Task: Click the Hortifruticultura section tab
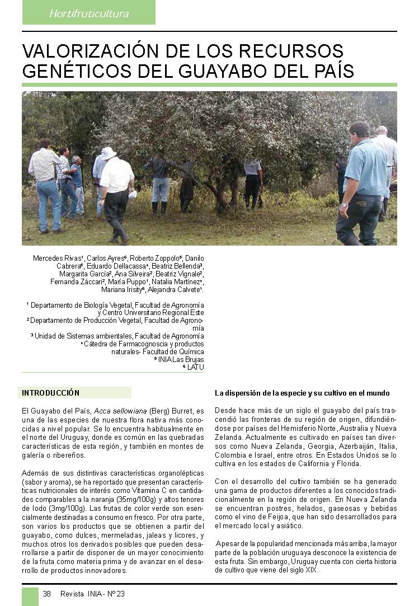click(89, 13)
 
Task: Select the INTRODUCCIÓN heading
click(51, 393)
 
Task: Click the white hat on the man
click(108, 153)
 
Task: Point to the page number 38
click(47, 594)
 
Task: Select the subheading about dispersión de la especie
click(302, 393)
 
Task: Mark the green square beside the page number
click(30, 595)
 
